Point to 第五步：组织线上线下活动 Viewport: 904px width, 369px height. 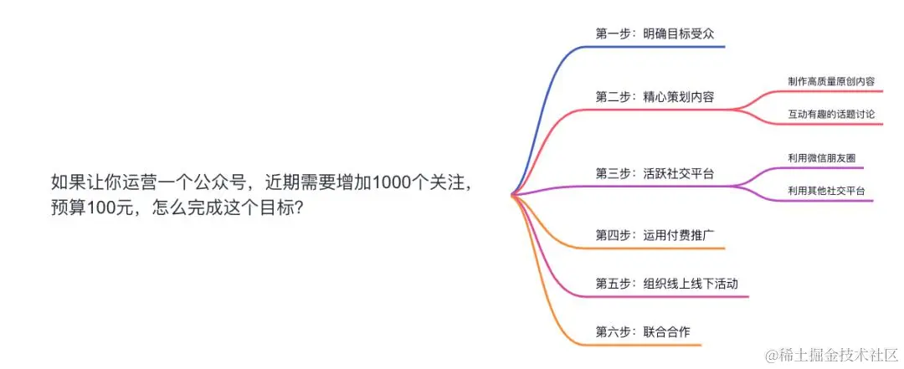(x=666, y=284)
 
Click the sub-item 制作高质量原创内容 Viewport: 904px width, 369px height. (x=830, y=81)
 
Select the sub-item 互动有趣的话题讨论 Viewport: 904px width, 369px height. (x=830, y=113)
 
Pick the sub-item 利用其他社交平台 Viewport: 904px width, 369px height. (x=825, y=191)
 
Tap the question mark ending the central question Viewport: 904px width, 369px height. (x=299, y=209)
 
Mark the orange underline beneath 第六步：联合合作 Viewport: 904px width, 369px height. (x=645, y=345)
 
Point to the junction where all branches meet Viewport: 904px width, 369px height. (x=512, y=195)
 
